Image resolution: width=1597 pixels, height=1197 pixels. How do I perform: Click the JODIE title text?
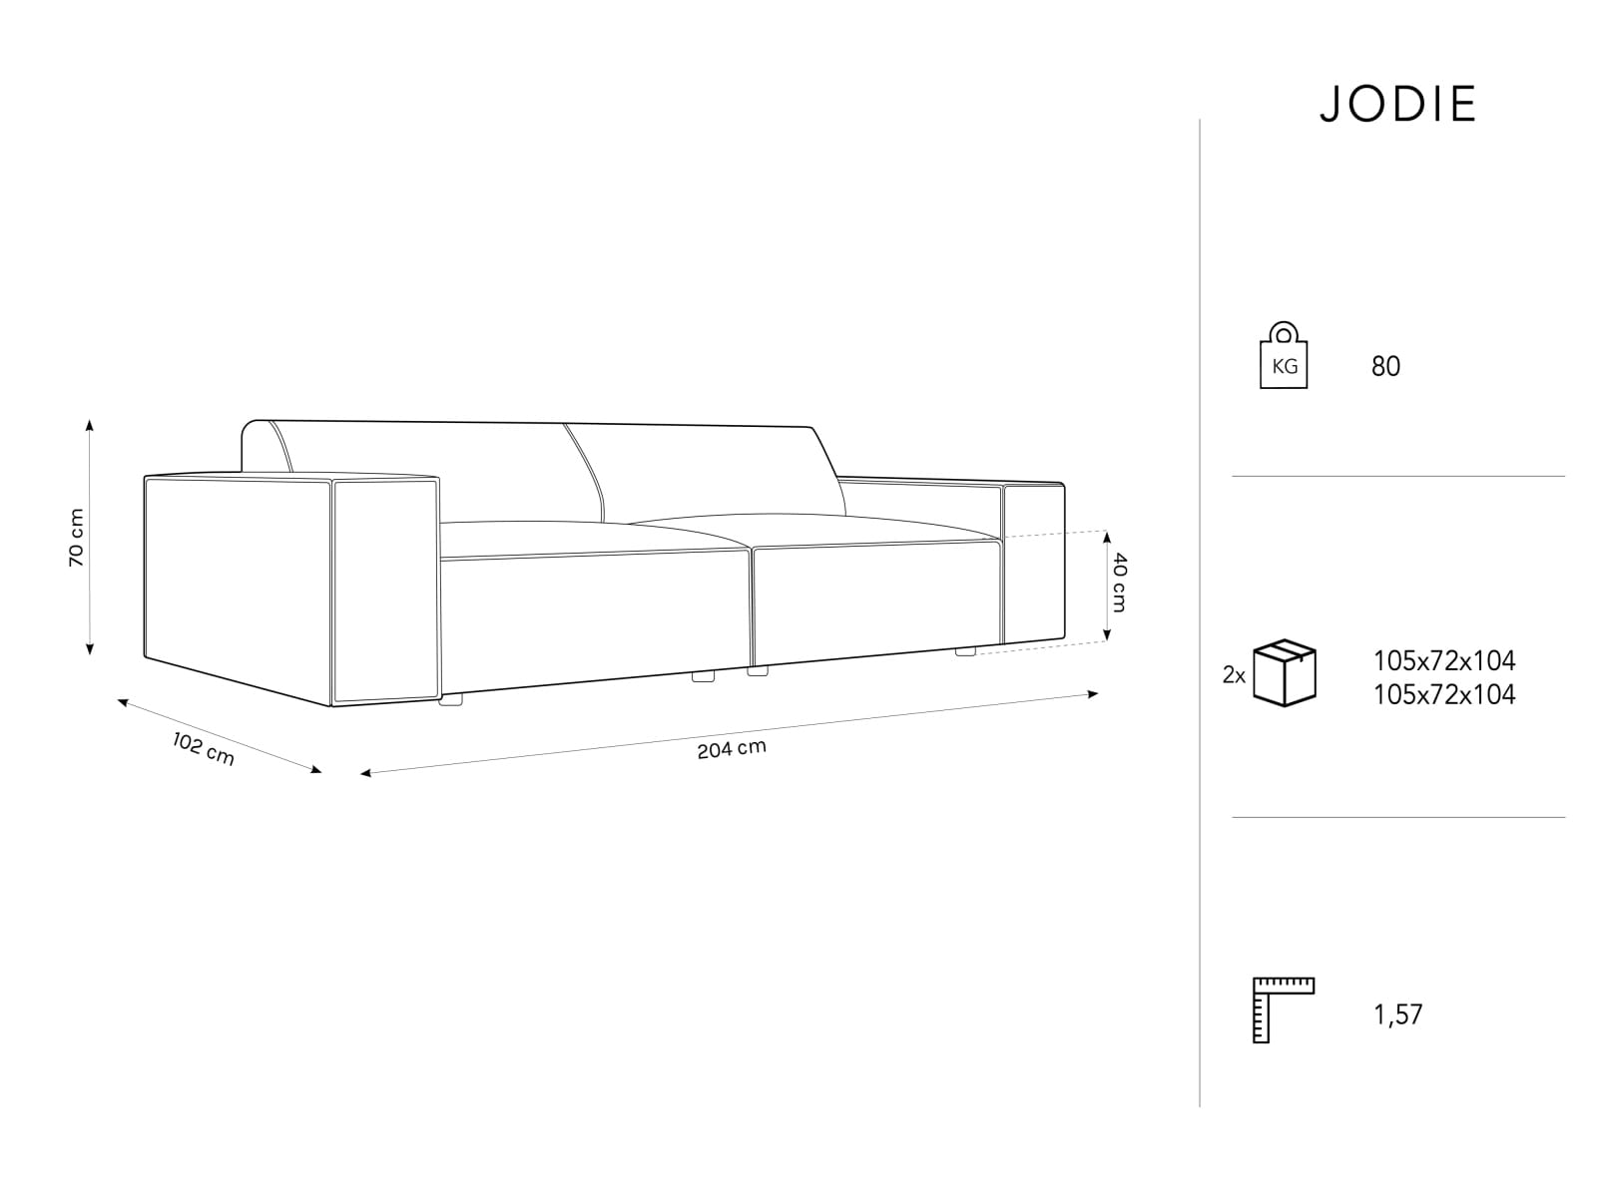pyautogui.click(x=1397, y=105)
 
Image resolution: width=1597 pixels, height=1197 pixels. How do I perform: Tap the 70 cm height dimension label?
pyautogui.click(x=77, y=537)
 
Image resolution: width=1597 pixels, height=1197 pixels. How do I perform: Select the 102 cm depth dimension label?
pyautogui.click(x=203, y=748)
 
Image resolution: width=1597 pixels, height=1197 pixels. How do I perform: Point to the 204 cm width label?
pyautogui.click(x=732, y=748)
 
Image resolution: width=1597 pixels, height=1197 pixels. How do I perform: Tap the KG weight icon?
pyautogui.click(x=1284, y=355)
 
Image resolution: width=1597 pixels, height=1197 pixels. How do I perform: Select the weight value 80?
pyautogui.click(x=1385, y=366)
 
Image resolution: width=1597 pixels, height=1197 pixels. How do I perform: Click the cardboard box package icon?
pyautogui.click(x=1285, y=673)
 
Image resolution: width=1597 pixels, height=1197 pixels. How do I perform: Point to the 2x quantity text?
pyautogui.click(x=1234, y=676)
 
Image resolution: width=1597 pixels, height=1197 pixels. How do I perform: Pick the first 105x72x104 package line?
pyautogui.click(x=1444, y=660)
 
